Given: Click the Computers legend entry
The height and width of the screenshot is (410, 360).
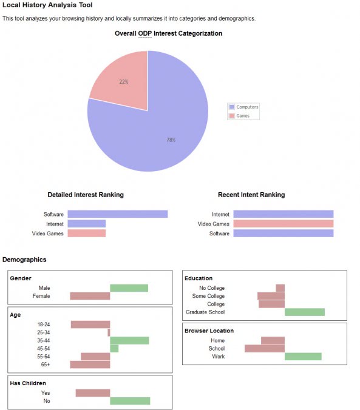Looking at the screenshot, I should click(243, 107).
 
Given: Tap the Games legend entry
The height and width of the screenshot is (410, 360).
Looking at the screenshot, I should click(240, 115).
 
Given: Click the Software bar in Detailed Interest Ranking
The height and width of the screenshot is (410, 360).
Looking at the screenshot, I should click(117, 214).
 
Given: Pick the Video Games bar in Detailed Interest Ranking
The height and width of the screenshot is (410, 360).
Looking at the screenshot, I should click(86, 234).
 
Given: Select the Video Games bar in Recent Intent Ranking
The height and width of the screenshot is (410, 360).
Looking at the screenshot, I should click(283, 224).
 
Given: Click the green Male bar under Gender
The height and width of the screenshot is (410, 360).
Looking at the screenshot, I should click(129, 288).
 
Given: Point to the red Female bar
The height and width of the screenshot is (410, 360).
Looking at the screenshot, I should click(90, 296).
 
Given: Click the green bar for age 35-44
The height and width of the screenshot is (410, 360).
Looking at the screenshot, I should click(129, 341).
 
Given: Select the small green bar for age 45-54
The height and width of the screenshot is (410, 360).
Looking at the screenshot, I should click(114, 349).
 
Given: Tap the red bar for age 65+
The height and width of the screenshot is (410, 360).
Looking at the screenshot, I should click(90, 365).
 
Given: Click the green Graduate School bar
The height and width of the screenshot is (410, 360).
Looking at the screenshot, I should click(304, 312).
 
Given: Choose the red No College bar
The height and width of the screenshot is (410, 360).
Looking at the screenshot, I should click(280, 288).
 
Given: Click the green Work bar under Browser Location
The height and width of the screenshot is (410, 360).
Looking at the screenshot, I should click(303, 357).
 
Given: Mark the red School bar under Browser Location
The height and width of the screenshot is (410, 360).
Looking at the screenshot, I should click(264, 349).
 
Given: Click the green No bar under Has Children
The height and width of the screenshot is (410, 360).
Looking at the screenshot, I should click(130, 401).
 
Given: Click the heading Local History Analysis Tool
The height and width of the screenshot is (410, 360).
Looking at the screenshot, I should click(47, 5).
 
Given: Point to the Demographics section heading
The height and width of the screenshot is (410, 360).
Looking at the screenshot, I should click(24, 260).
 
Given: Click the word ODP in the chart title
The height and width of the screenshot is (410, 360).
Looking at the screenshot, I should click(144, 33).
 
